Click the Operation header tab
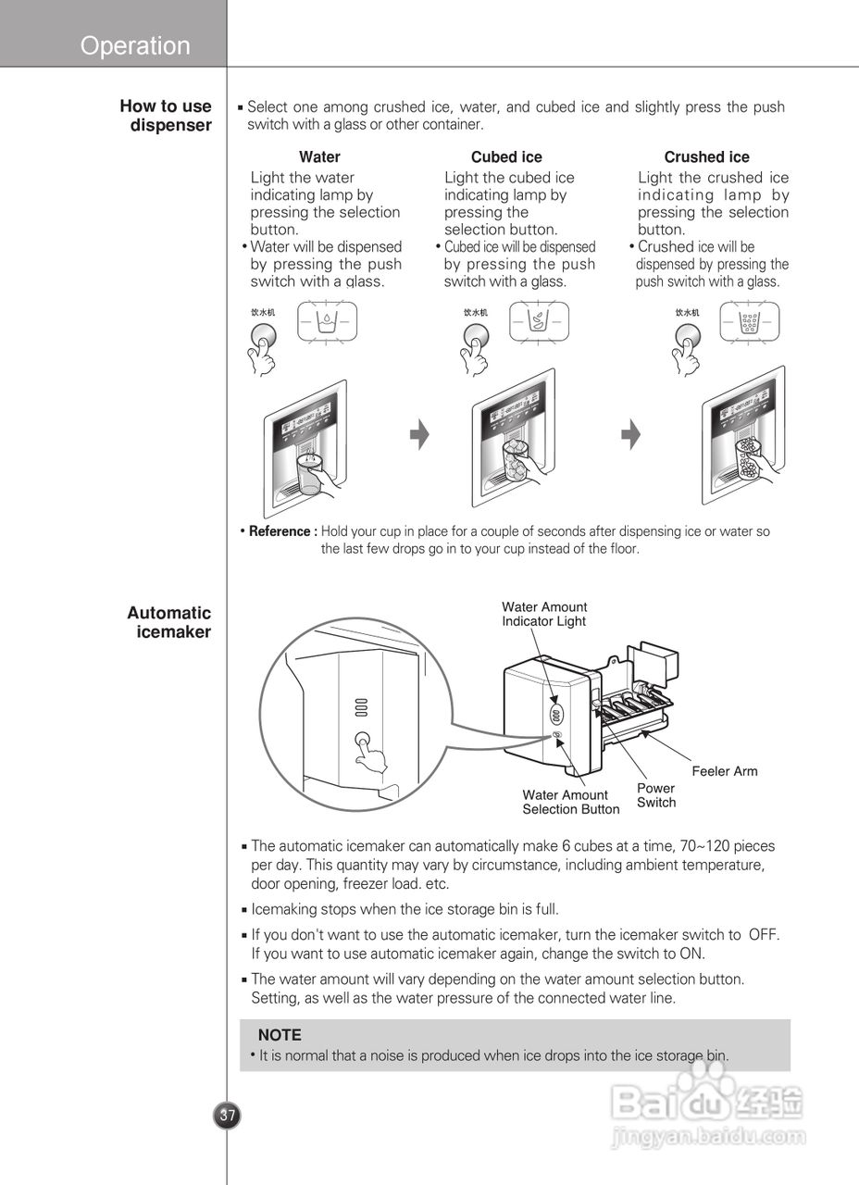point(135,45)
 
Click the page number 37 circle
point(227,1116)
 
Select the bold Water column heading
point(319,157)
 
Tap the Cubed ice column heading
point(506,157)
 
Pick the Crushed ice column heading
point(706,157)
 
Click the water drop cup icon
point(327,323)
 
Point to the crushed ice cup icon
point(751,323)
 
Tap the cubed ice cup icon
point(539,323)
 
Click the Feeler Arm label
point(724,771)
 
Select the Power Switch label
point(656,795)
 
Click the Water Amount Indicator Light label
point(544,614)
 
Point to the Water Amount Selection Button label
point(570,802)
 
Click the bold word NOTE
point(280,1035)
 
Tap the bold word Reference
point(281,531)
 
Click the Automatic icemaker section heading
point(169,622)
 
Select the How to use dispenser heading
point(166,116)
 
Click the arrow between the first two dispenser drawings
point(420,434)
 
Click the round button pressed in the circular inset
point(363,742)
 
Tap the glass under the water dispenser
point(308,475)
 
